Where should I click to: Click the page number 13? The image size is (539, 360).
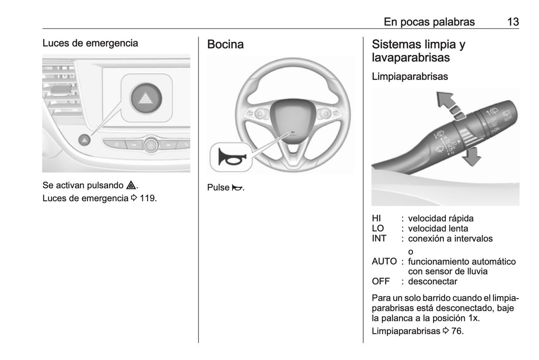(x=513, y=22)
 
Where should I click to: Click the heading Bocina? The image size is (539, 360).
(x=225, y=44)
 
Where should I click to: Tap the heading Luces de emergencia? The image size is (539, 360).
(x=90, y=43)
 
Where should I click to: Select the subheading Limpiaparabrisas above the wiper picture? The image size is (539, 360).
(x=410, y=76)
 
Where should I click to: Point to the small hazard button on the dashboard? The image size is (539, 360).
(x=85, y=140)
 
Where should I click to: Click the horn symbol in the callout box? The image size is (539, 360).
(x=231, y=157)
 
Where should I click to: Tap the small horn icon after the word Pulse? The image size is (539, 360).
(x=236, y=188)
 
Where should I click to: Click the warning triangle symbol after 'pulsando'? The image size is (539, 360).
(x=131, y=185)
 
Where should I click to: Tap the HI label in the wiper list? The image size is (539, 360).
(x=376, y=218)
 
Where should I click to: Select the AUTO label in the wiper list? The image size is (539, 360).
(x=384, y=262)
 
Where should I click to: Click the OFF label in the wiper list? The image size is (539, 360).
(x=380, y=281)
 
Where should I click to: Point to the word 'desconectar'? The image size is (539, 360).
(x=432, y=281)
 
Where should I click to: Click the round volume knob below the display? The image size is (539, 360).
(x=151, y=145)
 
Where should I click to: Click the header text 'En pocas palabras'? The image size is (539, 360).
(x=429, y=22)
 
